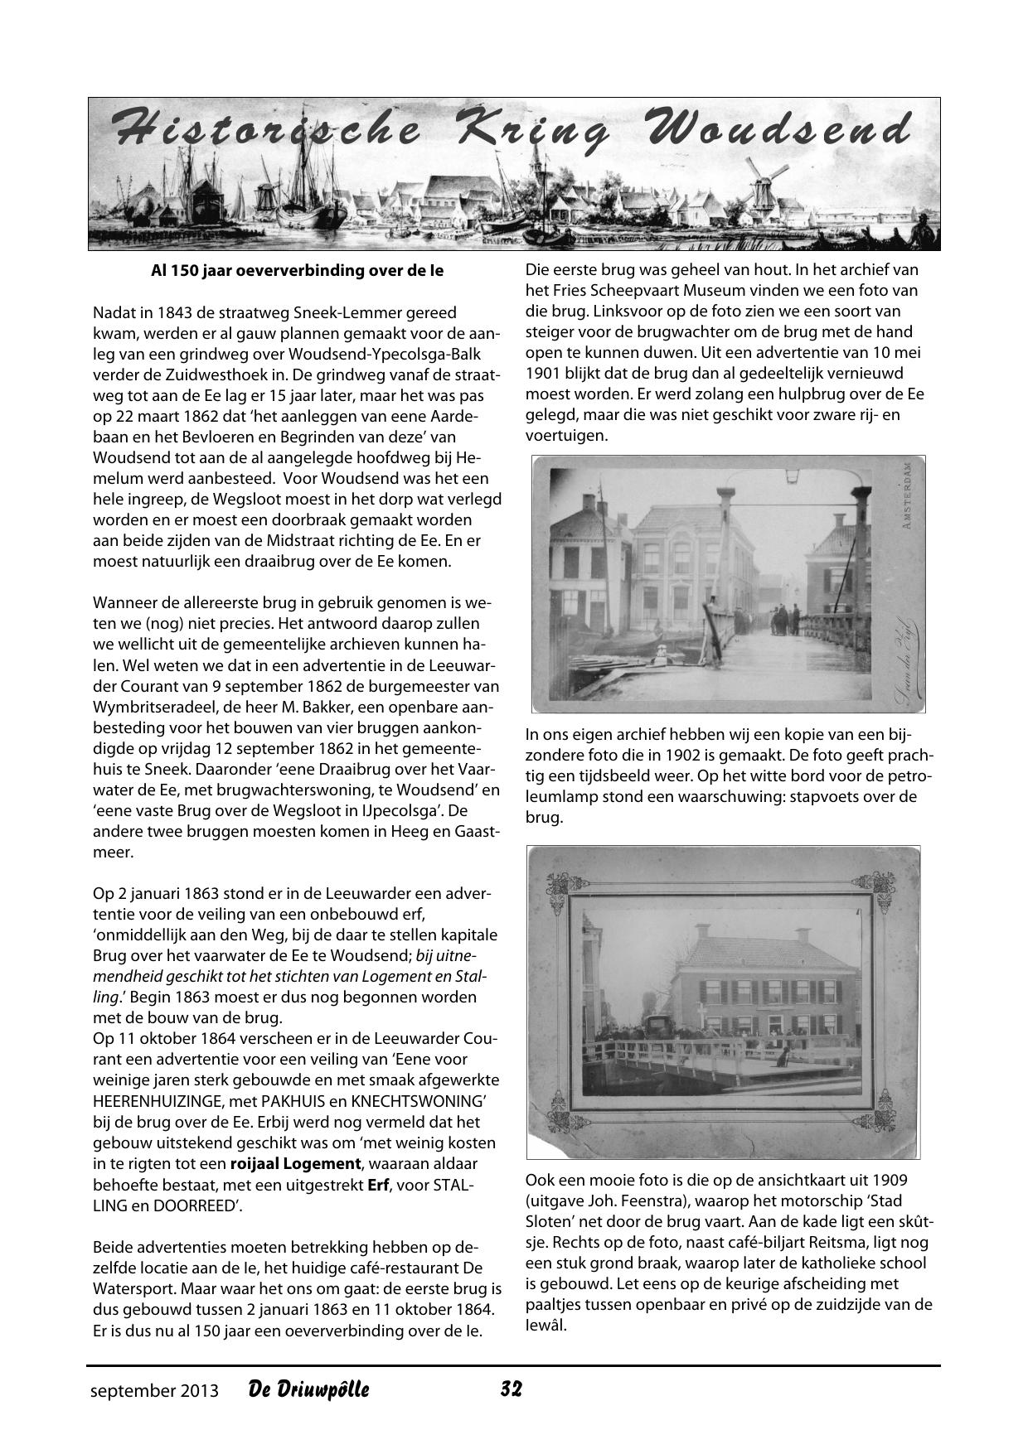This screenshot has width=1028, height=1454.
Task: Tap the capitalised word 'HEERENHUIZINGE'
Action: click(x=158, y=1101)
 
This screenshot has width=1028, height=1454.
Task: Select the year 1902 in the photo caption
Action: click(x=762, y=756)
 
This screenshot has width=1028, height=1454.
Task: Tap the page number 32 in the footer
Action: click(x=512, y=1389)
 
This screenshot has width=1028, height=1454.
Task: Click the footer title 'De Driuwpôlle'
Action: click(x=308, y=1389)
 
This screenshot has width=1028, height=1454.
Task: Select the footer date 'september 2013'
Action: click(x=155, y=1390)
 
